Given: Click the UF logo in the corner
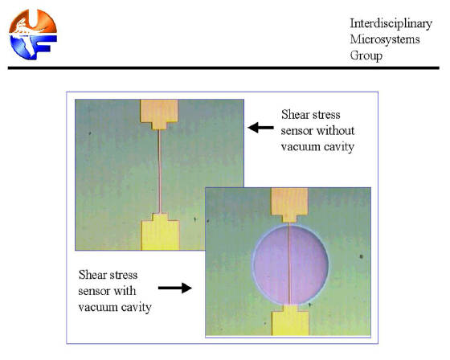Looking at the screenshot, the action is click(33, 35).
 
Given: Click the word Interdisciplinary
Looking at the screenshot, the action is click(391, 23).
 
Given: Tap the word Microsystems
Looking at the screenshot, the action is click(385, 39).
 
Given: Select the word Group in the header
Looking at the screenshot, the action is click(366, 55).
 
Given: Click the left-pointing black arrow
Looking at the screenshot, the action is click(260, 128).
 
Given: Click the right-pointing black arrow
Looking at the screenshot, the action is click(175, 288).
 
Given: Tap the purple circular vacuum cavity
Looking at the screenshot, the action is click(290, 264).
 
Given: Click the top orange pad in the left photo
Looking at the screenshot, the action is click(159, 114).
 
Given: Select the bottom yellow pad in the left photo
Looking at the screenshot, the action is click(160, 232).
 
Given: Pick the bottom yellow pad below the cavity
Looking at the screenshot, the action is click(290, 320).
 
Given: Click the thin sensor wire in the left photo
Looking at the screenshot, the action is click(160, 172).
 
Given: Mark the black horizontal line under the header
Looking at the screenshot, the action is click(223, 68).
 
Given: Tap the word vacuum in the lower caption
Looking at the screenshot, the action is click(97, 307).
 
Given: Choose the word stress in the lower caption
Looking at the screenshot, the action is click(124, 275).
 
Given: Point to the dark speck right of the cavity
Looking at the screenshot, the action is click(361, 256).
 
